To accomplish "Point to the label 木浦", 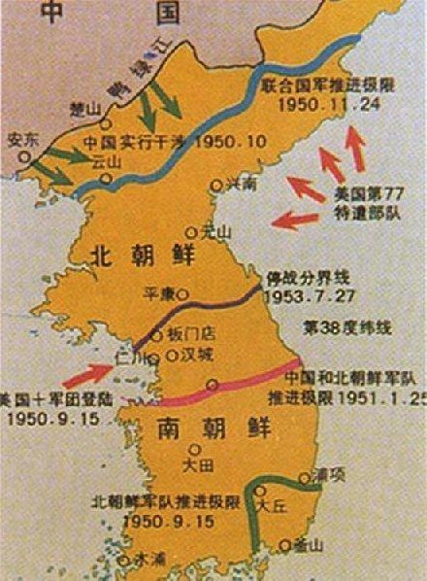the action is pos(149,559).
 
